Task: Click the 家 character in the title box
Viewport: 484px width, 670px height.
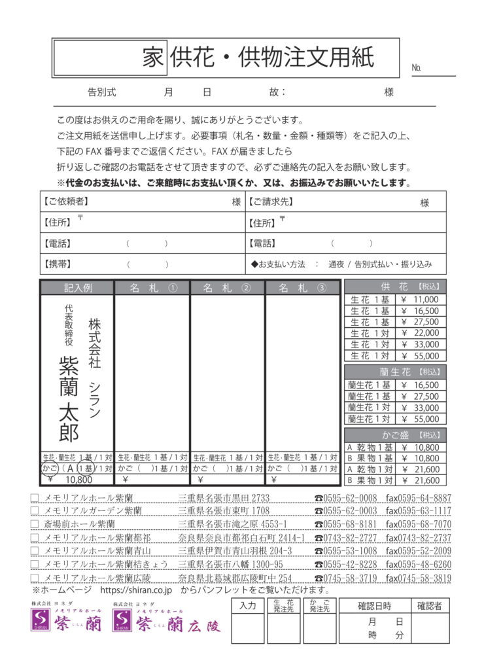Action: coord(152,58)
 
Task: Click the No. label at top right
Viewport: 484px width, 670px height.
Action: coord(417,68)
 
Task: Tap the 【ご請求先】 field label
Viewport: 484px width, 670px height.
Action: coord(271,202)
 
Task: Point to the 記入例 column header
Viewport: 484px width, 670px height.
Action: coord(77,288)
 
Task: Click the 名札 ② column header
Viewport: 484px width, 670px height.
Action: coord(227,288)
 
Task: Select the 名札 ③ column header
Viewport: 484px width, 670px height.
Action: coord(302,288)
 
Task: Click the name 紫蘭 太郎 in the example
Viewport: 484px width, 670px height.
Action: coord(69,398)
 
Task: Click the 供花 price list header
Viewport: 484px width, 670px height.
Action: coord(395,287)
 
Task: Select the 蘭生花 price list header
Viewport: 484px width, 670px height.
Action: coord(395,372)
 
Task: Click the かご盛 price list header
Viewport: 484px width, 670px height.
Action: coord(395,434)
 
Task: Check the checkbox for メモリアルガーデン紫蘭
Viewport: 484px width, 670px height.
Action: coord(35,510)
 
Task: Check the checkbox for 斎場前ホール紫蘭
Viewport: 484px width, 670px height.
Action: coord(35,524)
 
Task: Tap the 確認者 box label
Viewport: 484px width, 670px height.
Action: coord(430,605)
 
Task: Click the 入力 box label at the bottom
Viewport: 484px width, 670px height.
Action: coord(247,605)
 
